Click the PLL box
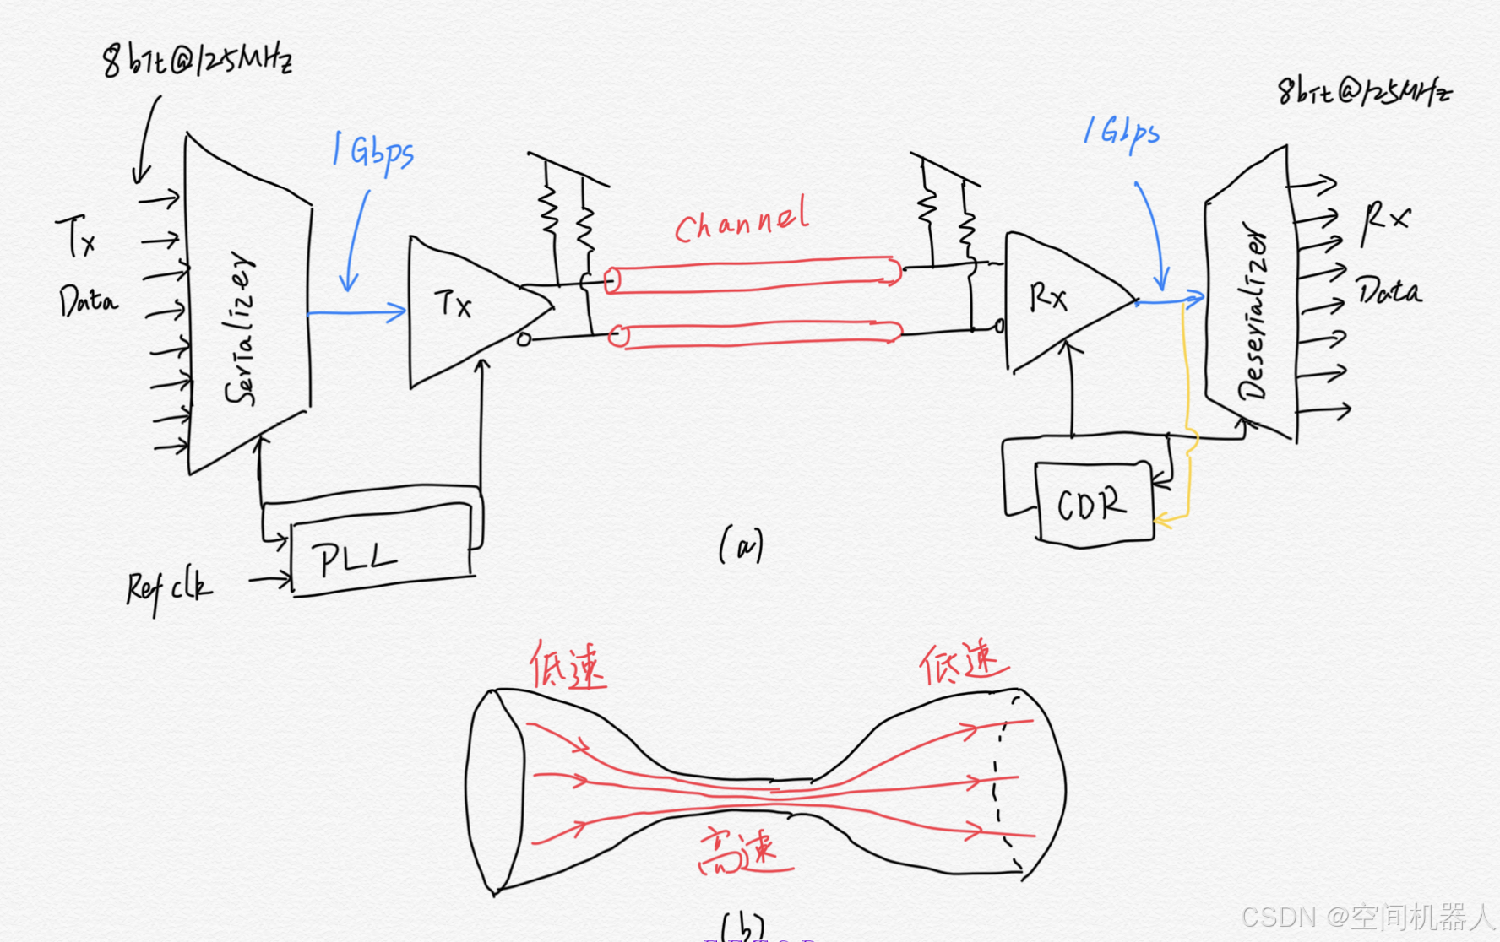click(380, 558)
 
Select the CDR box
click(1093, 504)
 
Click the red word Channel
click(742, 219)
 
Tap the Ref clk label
click(169, 587)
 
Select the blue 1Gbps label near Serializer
click(373, 152)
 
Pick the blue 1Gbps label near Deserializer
click(1122, 133)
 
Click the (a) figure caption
click(741, 545)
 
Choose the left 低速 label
click(567, 666)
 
